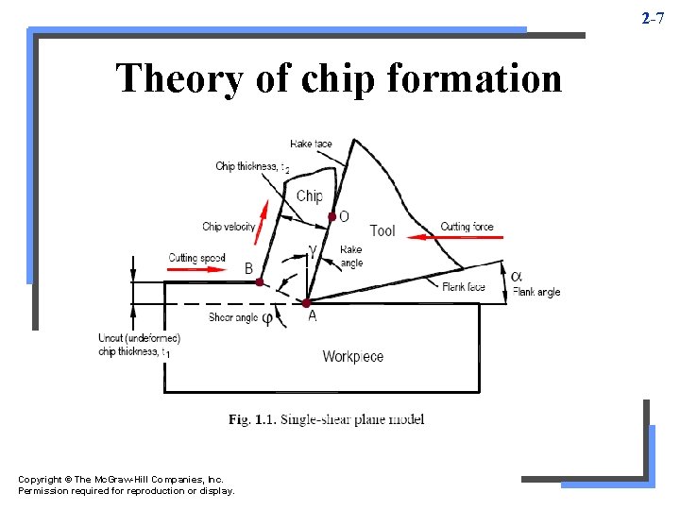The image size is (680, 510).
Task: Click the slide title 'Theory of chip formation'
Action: point(338,78)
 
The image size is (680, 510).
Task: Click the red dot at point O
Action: point(331,217)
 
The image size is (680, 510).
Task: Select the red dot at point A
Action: point(306,302)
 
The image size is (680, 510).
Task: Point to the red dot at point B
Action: point(260,281)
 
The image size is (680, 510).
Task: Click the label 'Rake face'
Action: point(312,144)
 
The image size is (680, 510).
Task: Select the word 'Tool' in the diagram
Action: point(382,230)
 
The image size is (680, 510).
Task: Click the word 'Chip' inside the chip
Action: point(310,196)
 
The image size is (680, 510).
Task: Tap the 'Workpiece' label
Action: point(353,356)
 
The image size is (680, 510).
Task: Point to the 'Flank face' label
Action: point(464,287)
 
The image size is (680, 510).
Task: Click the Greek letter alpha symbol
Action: point(516,276)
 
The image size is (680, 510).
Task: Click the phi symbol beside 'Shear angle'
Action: point(267,319)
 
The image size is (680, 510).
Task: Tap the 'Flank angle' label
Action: point(536,293)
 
